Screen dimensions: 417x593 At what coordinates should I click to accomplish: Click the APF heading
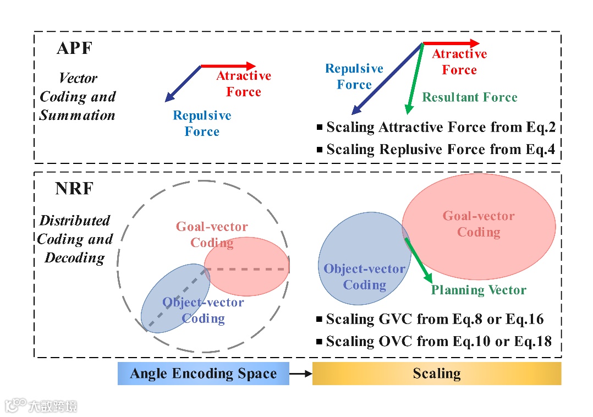[74, 48]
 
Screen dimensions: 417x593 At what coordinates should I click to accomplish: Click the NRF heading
[74, 189]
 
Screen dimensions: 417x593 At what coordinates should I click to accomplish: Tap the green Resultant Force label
[470, 98]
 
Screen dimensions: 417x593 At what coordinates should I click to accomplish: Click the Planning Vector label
[479, 290]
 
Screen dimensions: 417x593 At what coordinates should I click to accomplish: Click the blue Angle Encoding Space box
[203, 374]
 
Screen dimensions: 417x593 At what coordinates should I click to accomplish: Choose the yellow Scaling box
[437, 374]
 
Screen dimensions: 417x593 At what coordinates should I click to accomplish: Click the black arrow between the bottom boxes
[300, 374]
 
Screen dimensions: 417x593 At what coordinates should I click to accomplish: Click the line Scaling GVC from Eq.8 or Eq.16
[435, 320]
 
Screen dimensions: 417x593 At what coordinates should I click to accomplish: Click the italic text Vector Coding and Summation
[78, 97]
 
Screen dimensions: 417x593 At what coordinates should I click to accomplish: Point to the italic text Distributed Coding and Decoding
[75, 239]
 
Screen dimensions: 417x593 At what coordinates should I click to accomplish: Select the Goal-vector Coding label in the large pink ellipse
[479, 224]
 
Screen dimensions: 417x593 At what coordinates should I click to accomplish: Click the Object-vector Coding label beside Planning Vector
[364, 277]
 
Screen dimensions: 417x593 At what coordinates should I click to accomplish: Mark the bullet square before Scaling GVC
[320, 320]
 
